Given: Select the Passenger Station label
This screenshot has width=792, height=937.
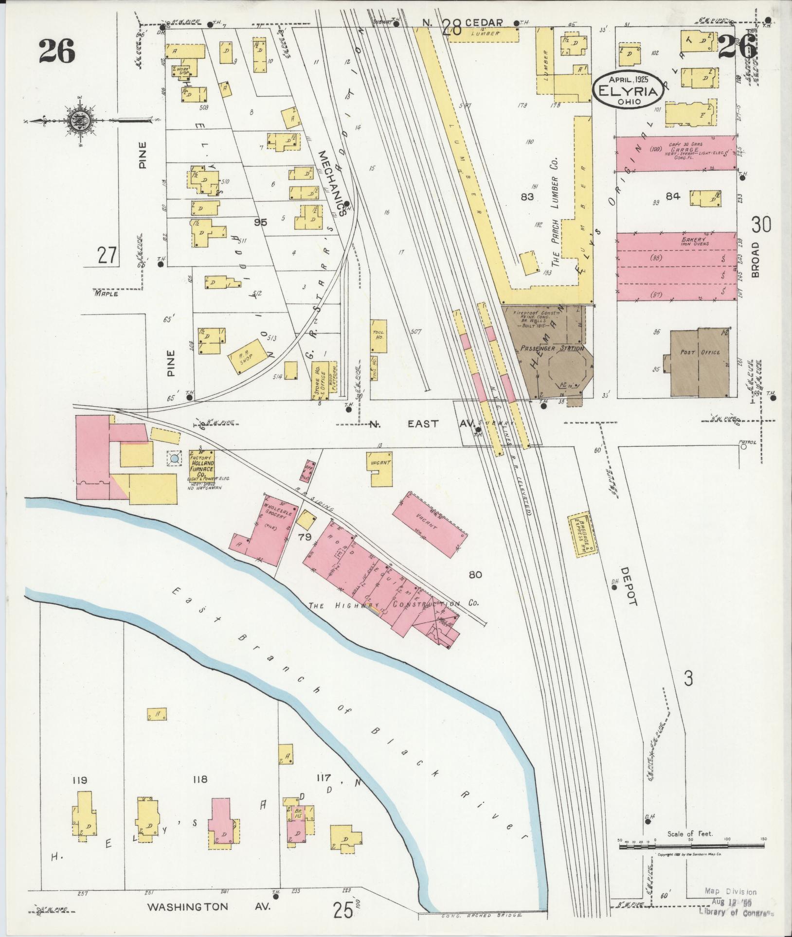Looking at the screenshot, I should pos(552,348).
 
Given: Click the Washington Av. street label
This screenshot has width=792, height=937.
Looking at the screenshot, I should pos(209,907).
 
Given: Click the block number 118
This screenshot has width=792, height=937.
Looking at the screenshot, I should pos(200,780).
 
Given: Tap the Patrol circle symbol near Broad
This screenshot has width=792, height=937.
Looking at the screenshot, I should pos(743,448).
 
